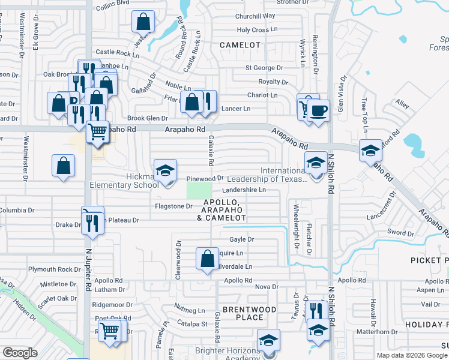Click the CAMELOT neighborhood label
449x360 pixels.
click(240, 45)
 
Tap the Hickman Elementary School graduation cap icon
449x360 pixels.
click(165, 171)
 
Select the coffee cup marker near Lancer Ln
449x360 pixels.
click(318, 111)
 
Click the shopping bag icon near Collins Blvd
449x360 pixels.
click(144, 23)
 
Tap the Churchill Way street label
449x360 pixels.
click(255, 16)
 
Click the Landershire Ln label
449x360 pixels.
click(244, 190)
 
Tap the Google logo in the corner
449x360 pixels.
click(20, 353)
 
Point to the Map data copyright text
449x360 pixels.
click(411, 355)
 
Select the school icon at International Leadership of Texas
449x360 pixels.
click(316, 163)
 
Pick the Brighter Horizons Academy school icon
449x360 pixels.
click(268, 340)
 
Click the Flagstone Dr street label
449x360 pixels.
click(173, 206)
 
